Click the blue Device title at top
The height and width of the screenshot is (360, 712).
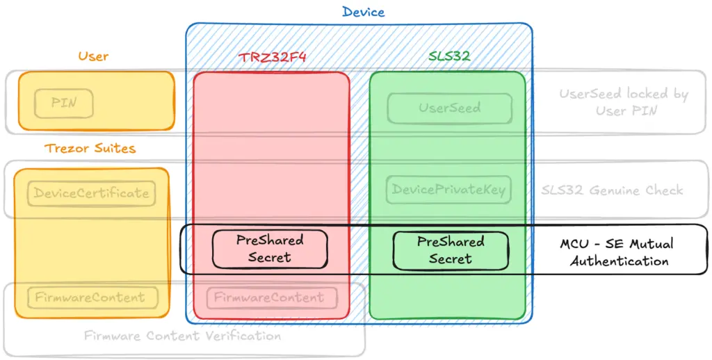(x=363, y=12)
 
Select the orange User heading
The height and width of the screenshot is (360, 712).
(x=93, y=56)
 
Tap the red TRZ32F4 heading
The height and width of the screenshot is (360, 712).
(x=273, y=57)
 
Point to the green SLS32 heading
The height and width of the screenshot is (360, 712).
(x=449, y=56)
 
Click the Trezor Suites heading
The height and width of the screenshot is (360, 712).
(x=90, y=148)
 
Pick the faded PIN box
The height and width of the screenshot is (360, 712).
(x=64, y=103)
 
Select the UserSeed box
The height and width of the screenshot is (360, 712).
(x=450, y=108)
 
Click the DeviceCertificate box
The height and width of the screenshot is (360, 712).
(x=91, y=193)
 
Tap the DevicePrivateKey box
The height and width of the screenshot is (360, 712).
(x=448, y=189)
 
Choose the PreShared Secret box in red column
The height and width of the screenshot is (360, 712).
(x=270, y=249)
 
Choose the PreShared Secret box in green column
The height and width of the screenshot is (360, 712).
(x=451, y=251)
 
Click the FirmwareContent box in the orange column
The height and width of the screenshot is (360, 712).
(x=90, y=298)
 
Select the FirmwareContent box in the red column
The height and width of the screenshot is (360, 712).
(x=272, y=298)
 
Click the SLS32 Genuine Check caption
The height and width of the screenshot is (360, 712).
(x=612, y=190)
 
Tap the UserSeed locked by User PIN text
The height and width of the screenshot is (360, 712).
(x=624, y=101)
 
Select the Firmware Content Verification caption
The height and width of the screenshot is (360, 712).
(x=183, y=336)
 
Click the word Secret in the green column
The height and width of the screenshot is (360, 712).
(x=451, y=259)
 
